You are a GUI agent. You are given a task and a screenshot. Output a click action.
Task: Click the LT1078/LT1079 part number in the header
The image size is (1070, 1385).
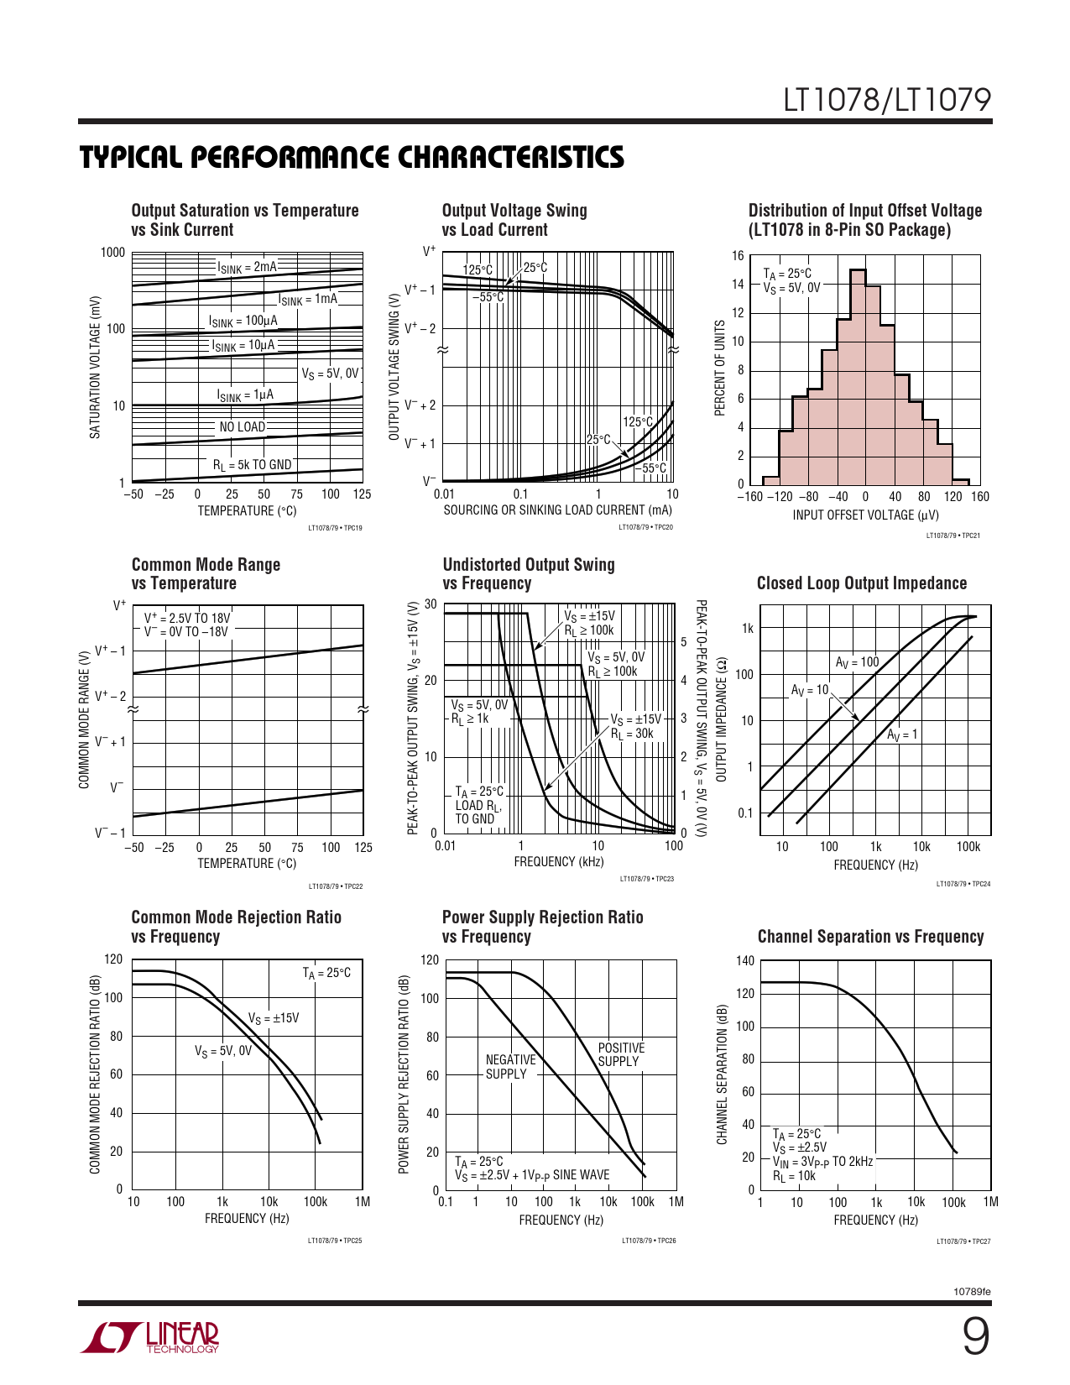(x=887, y=101)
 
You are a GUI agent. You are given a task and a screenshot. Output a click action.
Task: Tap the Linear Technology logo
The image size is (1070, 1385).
(x=150, y=1337)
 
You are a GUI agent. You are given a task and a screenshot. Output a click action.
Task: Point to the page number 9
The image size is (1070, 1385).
(x=975, y=1337)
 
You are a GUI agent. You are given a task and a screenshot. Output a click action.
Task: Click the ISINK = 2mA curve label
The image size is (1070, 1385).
(x=247, y=267)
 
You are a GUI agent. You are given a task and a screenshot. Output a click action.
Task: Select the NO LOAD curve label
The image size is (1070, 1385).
(x=243, y=427)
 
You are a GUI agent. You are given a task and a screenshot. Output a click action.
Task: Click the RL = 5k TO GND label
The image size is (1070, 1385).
(x=252, y=465)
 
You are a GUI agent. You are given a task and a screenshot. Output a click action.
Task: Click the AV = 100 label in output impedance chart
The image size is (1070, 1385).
(x=857, y=662)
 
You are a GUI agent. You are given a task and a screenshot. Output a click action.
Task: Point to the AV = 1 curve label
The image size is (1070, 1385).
(x=902, y=734)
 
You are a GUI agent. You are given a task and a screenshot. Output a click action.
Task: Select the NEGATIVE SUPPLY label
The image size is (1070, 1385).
(x=510, y=1067)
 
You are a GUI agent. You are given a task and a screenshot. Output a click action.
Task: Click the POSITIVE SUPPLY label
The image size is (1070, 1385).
(x=621, y=1054)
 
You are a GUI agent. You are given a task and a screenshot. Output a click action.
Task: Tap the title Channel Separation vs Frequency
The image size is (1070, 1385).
(x=870, y=937)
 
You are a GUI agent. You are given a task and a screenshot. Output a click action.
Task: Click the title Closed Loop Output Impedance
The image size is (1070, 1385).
(x=862, y=583)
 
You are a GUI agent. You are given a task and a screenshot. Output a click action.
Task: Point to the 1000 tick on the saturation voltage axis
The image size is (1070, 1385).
(x=112, y=253)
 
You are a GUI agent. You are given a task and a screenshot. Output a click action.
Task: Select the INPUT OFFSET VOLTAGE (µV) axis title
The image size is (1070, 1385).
(x=865, y=515)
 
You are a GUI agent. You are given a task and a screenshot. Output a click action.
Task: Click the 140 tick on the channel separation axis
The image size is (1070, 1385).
(x=745, y=961)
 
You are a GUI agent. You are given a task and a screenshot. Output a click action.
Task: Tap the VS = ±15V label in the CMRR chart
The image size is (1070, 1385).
(x=274, y=1018)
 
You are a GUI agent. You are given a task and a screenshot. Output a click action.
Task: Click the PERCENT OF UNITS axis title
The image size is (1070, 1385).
(x=719, y=368)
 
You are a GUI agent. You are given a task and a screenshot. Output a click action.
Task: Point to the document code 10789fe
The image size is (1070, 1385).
(x=973, y=1291)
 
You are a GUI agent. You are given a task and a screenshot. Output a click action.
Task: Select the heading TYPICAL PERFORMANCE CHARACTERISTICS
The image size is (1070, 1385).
(x=352, y=158)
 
